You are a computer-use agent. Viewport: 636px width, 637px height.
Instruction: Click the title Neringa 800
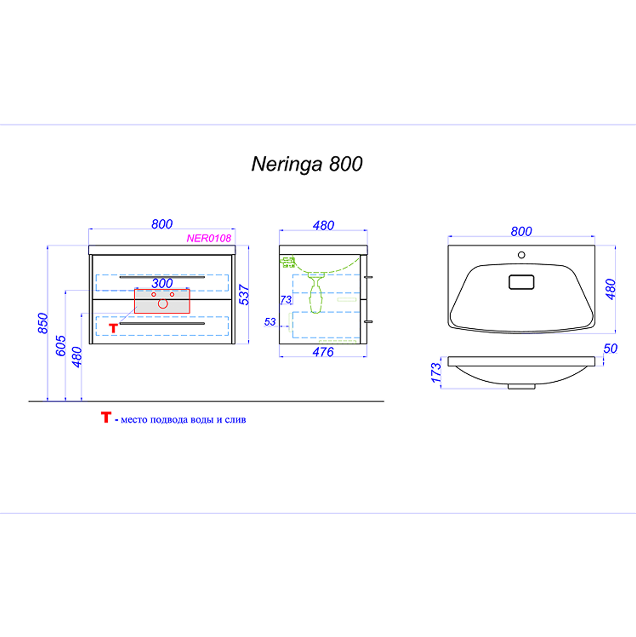(307, 164)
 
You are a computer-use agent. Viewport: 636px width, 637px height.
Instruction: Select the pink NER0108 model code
(209, 238)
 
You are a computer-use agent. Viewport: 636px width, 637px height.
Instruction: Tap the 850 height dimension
(43, 324)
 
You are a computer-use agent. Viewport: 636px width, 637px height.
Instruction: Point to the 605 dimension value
(61, 346)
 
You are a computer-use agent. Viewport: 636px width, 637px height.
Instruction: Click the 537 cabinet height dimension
(244, 294)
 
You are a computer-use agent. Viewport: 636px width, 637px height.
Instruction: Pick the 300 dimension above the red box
(162, 283)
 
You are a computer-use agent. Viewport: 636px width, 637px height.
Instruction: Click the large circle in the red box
(163, 303)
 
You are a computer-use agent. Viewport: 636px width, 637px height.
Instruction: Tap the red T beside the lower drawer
(114, 328)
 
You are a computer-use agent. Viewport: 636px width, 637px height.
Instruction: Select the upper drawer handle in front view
(162, 277)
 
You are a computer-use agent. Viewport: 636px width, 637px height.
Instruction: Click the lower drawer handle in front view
(162, 324)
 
